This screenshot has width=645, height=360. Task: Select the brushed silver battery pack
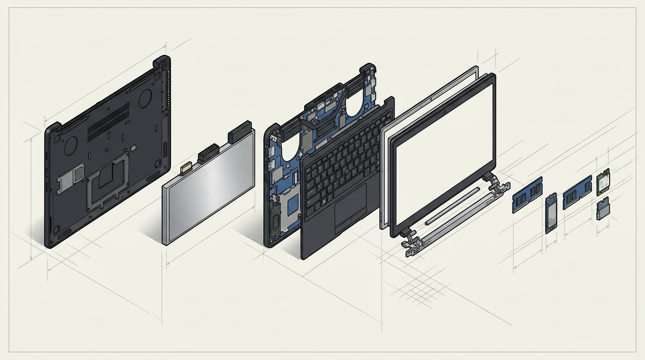[x=209, y=187]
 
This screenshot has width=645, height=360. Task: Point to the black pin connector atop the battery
[x=209, y=152]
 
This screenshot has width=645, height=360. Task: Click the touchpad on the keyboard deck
[x=351, y=206]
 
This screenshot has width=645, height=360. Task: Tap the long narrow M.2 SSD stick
[x=551, y=213]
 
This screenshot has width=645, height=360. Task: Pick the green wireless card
[x=603, y=182]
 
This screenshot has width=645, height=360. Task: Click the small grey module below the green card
[x=603, y=209]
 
